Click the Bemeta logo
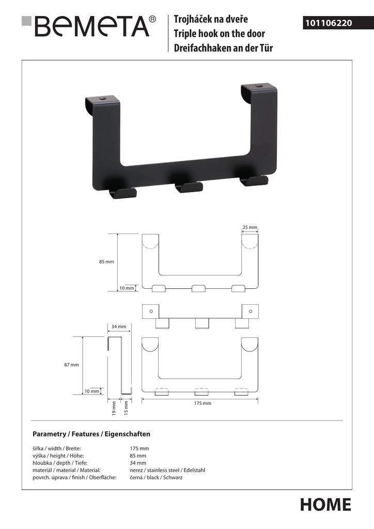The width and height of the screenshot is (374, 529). (x=89, y=26)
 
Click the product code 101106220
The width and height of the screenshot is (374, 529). (x=329, y=23)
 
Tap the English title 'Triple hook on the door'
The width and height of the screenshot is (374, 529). (x=219, y=34)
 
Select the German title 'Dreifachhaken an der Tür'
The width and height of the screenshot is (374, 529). (x=223, y=48)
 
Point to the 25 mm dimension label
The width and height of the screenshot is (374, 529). (x=250, y=227)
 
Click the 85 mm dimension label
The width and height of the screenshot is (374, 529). (x=106, y=261)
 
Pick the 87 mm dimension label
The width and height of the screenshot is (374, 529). (x=71, y=365)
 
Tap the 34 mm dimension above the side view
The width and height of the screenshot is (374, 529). (x=119, y=326)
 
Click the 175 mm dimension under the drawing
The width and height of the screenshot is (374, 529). (x=202, y=403)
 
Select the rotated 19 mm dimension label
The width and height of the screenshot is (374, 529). (x=114, y=408)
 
